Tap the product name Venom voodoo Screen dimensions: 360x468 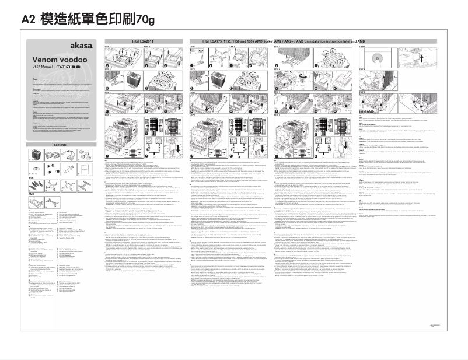pos(53,60)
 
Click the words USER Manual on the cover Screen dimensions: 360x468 pos(43,68)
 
